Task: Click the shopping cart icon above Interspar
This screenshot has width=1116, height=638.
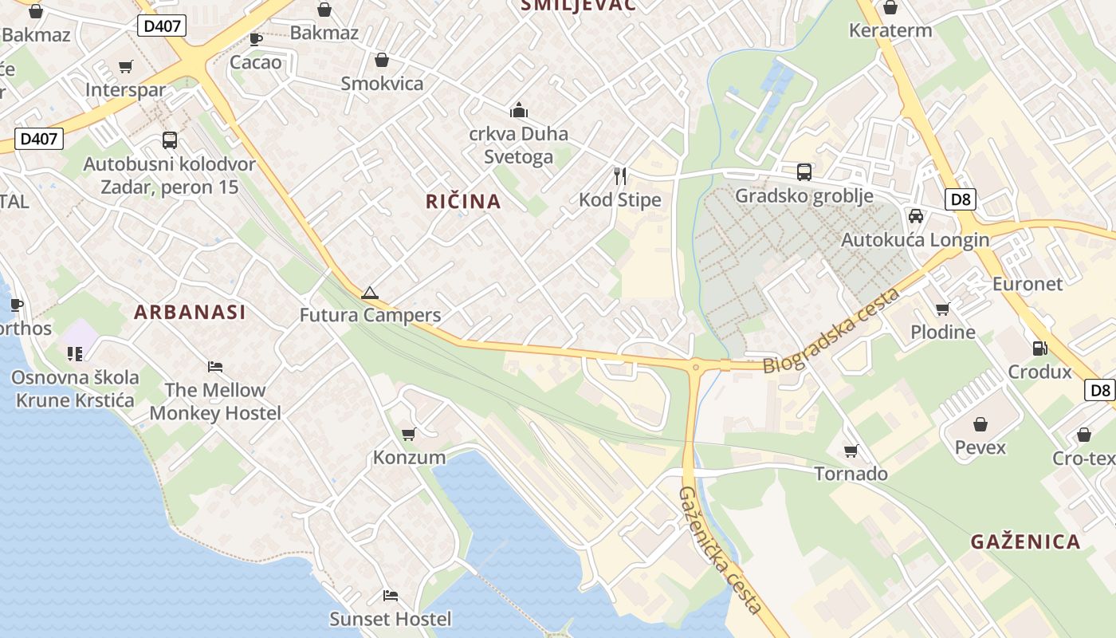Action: point(125,66)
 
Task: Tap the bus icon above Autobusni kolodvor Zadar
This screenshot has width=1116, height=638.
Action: point(170,140)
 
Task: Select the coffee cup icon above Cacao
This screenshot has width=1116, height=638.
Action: point(256,38)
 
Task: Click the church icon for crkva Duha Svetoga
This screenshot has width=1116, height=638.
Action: point(519,110)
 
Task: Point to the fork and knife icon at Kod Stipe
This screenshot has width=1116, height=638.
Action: point(620,175)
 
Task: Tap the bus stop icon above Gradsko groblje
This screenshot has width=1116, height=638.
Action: point(804,171)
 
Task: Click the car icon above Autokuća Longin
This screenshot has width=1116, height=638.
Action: point(916,216)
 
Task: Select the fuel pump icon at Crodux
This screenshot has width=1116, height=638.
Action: point(1039,348)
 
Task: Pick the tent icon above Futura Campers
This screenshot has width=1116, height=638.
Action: point(369,293)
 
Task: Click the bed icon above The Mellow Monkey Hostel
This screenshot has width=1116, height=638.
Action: point(215,367)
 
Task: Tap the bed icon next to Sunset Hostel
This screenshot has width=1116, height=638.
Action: point(391,596)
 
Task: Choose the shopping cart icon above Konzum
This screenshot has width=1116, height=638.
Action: point(409,434)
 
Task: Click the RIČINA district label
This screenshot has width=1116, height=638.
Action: point(463,202)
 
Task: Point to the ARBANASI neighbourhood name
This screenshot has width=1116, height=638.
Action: point(190,312)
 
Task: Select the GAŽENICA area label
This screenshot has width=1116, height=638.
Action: point(1025,542)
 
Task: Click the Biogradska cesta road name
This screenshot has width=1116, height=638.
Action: point(832,331)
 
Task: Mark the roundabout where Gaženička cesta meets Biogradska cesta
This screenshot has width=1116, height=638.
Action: point(696,367)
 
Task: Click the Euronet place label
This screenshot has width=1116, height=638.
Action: point(1027,284)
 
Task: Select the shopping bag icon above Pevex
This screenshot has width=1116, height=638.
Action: point(980,424)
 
